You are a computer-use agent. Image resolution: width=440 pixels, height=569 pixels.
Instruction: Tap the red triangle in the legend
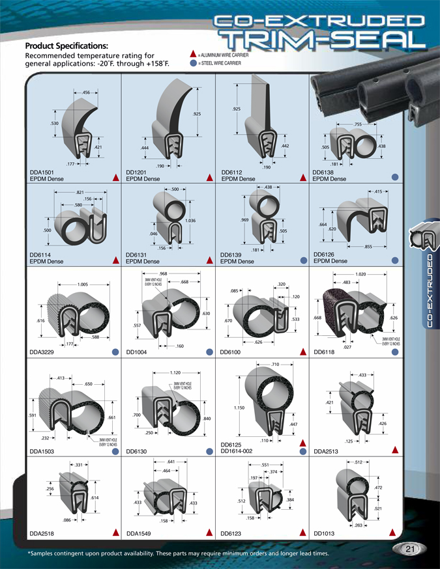(x=193, y=55)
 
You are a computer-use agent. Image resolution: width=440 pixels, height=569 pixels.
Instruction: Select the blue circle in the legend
(x=193, y=64)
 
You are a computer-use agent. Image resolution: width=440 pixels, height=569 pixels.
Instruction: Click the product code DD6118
(x=327, y=352)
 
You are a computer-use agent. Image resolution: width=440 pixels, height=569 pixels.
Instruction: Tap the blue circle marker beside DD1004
(x=210, y=352)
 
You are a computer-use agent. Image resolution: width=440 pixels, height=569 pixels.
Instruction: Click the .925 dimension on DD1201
(x=197, y=115)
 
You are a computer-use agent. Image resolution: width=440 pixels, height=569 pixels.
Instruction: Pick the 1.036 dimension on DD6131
(x=190, y=221)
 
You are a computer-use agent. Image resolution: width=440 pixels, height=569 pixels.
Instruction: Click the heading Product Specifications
(x=66, y=46)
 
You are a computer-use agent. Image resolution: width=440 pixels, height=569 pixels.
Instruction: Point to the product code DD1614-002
(x=242, y=451)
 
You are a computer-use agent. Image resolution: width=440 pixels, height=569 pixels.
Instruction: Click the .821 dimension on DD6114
(x=81, y=193)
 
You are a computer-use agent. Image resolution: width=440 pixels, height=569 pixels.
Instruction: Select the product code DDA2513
(x=328, y=451)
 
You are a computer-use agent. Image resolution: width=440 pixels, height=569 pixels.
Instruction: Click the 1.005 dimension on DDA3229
(x=83, y=284)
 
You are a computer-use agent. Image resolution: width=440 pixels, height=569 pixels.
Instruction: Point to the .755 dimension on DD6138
(x=358, y=124)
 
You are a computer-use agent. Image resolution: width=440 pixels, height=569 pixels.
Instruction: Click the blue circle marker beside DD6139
(x=303, y=260)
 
